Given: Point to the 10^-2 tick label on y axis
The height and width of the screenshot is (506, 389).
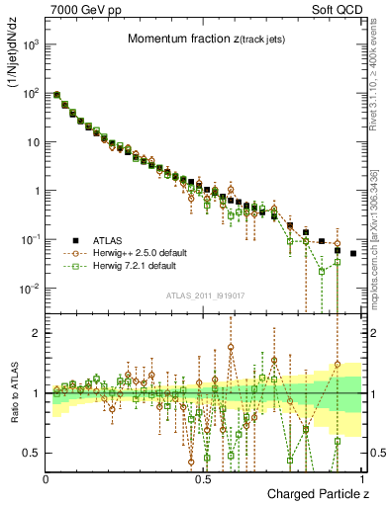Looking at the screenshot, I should tap(29, 289).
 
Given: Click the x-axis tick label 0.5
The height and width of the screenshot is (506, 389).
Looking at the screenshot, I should tap(203, 478).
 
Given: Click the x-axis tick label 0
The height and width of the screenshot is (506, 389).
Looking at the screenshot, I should tap(47, 478).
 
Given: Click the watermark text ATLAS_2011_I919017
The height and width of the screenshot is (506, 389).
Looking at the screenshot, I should tap(205, 297).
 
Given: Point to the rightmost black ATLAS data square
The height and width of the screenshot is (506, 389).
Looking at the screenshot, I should tap(353, 253).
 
